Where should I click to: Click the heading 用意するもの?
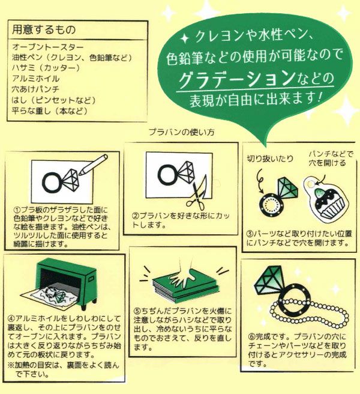44,29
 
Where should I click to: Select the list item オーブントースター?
47,47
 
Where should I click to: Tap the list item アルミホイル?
35,79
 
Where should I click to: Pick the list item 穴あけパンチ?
35,89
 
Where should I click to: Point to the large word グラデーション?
236,79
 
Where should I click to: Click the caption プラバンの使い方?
182,132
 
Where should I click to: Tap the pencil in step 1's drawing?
93,165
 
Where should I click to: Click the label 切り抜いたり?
270,159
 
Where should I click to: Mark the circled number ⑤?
137,311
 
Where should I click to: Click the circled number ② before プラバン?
136,216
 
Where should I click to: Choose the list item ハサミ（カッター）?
46,68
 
